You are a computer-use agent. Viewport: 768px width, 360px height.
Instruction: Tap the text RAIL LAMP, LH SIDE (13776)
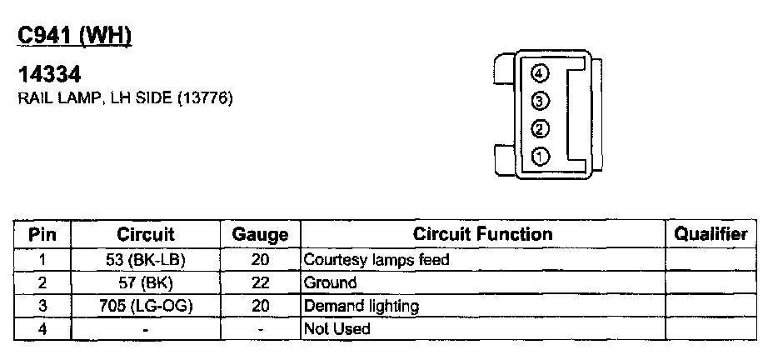(x=125, y=98)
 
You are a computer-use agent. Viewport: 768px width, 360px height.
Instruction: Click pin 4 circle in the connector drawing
(x=540, y=74)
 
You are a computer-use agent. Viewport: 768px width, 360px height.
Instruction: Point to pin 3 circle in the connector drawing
(x=540, y=102)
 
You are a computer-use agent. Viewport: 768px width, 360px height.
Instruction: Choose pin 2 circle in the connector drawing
(x=540, y=129)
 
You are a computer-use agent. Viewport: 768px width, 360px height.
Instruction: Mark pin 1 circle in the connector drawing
(x=540, y=156)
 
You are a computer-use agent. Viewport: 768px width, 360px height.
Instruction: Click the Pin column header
(x=42, y=234)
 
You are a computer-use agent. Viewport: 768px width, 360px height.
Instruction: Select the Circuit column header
(x=146, y=234)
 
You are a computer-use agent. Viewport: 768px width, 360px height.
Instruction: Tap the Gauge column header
(x=260, y=235)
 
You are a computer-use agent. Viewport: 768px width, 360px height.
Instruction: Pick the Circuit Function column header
(x=482, y=234)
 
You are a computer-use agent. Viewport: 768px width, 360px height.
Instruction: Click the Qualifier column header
(x=711, y=234)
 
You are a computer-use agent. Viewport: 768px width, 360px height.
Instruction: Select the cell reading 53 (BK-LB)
(x=146, y=259)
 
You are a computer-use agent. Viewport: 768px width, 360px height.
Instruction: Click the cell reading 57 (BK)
(x=146, y=282)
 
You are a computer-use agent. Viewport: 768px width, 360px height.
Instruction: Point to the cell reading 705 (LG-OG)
(x=146, y=306)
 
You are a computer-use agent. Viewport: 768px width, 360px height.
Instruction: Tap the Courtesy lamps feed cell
(x=377, y=259)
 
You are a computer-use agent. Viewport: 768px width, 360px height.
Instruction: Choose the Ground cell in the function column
(x=331, y=282)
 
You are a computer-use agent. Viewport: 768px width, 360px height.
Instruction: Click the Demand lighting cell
(x=362, y=306)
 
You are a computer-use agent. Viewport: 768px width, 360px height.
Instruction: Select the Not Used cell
(x=337, y=329)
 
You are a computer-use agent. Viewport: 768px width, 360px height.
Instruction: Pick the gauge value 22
(x=260, y=282)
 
